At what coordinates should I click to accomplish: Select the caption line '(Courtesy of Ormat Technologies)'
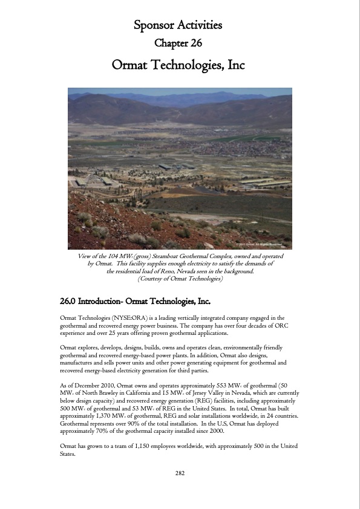tap(180, 279)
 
